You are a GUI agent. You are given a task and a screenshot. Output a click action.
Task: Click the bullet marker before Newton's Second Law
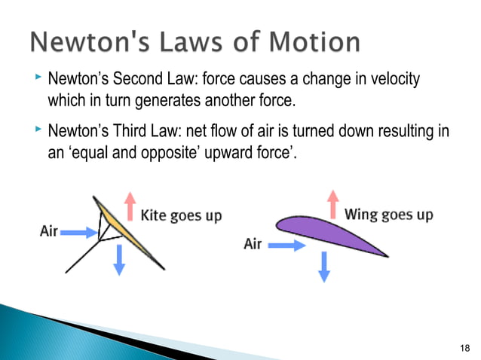38,78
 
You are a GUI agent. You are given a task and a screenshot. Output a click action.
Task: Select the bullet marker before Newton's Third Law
38,132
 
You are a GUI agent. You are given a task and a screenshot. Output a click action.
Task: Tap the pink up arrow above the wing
332,203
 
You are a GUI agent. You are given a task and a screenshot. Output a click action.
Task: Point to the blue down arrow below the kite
118,261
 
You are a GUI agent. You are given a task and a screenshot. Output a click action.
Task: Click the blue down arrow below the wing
324,266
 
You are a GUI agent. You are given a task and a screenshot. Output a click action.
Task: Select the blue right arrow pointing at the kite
76,233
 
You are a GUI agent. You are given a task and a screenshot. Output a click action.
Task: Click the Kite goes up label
182,216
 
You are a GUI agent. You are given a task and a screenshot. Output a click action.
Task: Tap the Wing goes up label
388,215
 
